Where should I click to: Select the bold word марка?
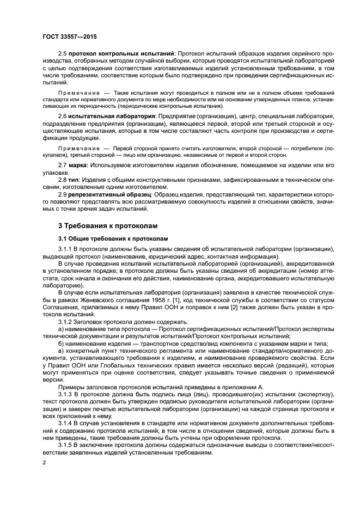tap(77, 165)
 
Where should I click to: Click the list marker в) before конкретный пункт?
tap(61, 352)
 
